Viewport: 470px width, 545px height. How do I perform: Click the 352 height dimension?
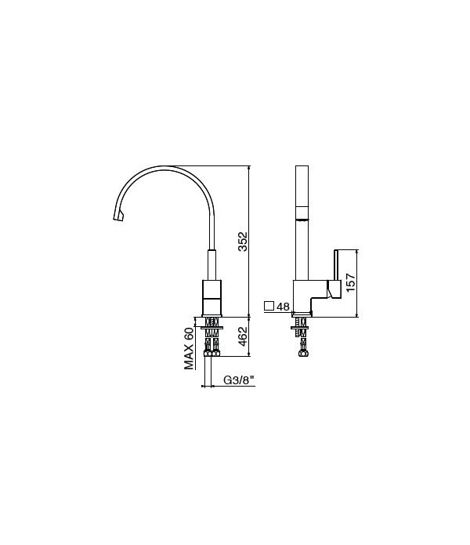click(243, 241)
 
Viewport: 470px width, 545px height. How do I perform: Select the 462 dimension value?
click(243, 336)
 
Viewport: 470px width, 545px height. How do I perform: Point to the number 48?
click(284, 307)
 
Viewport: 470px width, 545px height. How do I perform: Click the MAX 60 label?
click(189, 347)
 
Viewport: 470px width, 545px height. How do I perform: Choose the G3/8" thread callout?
click(239, 380)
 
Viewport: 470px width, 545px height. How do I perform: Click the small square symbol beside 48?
click(269, 306)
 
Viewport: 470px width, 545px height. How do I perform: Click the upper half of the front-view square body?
click(212, 289)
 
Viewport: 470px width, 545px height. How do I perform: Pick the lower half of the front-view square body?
click(212, 306)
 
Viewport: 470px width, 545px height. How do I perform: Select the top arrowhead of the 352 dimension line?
click(249, 168)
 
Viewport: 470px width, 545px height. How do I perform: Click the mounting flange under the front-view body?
click(212, 316)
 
